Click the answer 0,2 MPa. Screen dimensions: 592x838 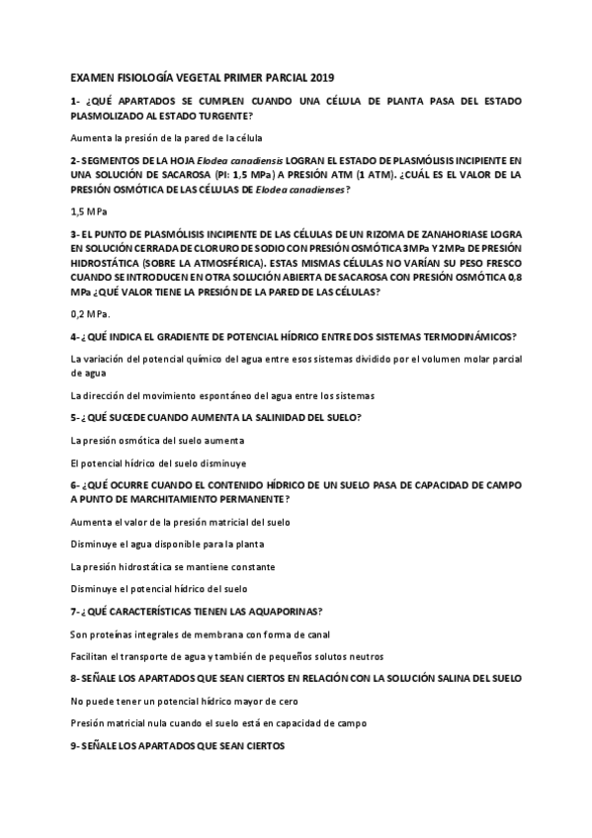pyautogui.click(x=91, y=314)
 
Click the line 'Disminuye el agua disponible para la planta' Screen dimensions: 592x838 pyautogui.click(x=167, y=544)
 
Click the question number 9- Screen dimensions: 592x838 pyautogui.click(x=78, y=746)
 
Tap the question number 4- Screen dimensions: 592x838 pyautogui.click(x=78, y=336)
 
